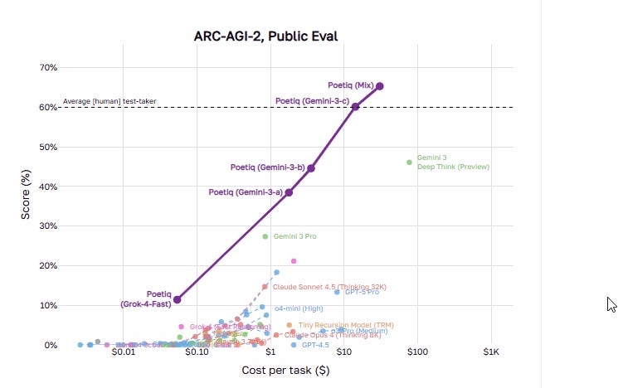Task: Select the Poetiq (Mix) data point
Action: coord(380,85)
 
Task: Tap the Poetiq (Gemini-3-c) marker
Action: coord(355,106)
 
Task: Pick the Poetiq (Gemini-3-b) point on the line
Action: coord(311,168)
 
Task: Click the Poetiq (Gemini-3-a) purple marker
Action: coord(289,192)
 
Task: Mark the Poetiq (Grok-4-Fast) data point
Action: coord(177,299)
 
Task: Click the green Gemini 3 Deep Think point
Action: coord(409,162)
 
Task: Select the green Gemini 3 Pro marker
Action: coord(265,236)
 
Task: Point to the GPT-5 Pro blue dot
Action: coord(337,292)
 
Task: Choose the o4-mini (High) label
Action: coord(299,308)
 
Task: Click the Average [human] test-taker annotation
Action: coord(110,102)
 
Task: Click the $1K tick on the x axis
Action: coord(490,353)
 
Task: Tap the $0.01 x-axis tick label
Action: coord(123,353)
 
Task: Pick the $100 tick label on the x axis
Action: coord(417,353)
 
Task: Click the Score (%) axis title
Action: coord(27,206)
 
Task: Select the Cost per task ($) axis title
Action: coord(285,370)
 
